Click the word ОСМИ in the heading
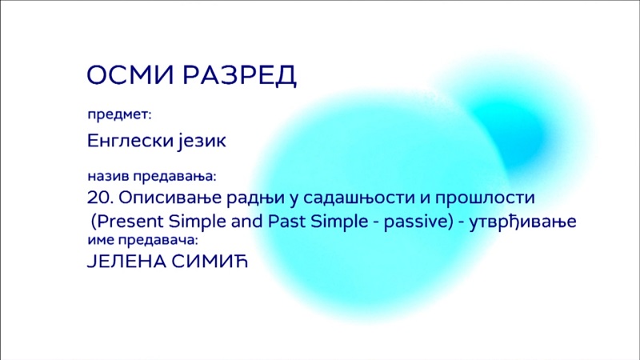pos(131,74)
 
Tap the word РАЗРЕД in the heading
pos(239,75)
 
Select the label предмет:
pos(119,115)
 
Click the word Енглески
pos(130,142)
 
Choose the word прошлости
pos(485,198)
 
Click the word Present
pos(130,222)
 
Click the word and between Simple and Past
pos(246,222)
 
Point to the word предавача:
pos(158,240)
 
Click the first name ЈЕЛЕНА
pos(126,262)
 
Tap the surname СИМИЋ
pos(210,262)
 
